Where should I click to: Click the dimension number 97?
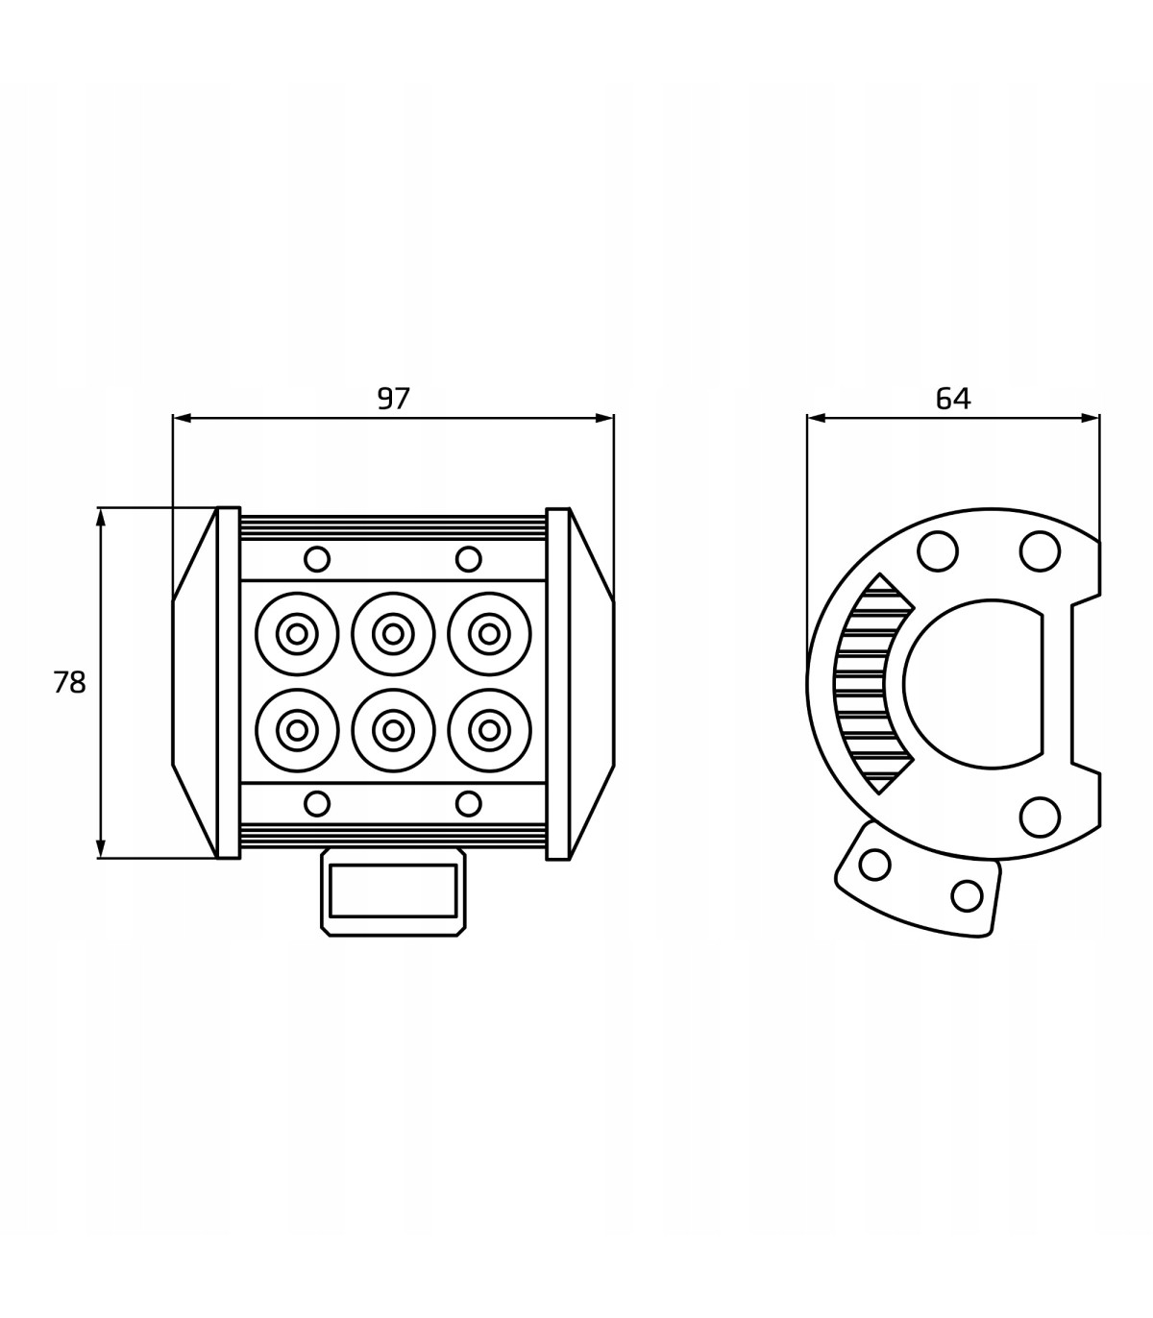[393, 399]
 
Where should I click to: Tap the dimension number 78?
[69, 682]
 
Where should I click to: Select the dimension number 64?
[953, 399]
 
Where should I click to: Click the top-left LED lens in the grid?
[297, 634]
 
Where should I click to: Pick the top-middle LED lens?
[393, 634]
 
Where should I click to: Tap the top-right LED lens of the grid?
[489, 634]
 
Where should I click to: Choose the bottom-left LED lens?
[297, 730]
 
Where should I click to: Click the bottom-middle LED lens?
[393, 730]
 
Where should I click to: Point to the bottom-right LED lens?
[489, 730]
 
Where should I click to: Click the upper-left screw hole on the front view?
[317, 559]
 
